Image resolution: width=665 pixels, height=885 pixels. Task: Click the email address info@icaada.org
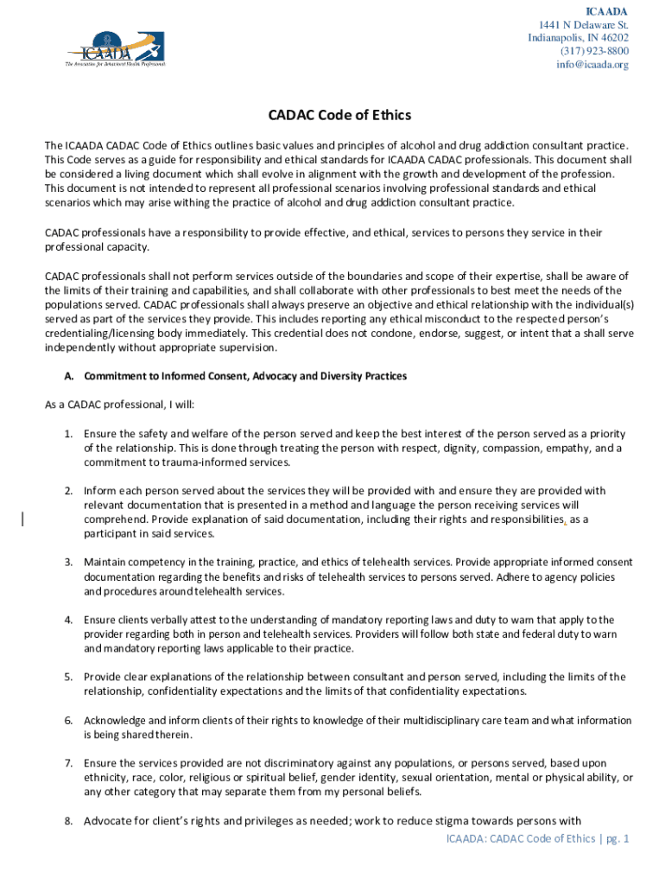click(592, 65)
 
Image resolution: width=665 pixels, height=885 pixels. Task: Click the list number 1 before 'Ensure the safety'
click(67, 434)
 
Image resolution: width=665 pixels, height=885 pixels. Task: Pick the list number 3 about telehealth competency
click(67, 563)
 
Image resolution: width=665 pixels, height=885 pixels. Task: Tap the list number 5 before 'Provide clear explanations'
click(67, 677)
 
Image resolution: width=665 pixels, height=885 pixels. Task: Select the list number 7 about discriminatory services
click(67, 763)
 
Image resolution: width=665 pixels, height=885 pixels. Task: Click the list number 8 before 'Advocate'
click(67, 821)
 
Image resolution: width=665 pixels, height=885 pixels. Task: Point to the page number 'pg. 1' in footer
click(616, 839)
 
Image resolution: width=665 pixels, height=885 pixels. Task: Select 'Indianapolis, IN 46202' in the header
click(579, 38)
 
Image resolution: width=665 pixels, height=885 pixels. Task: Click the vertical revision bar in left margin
click(23, 519)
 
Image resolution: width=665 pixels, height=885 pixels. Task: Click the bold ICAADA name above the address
click(607, 11)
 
